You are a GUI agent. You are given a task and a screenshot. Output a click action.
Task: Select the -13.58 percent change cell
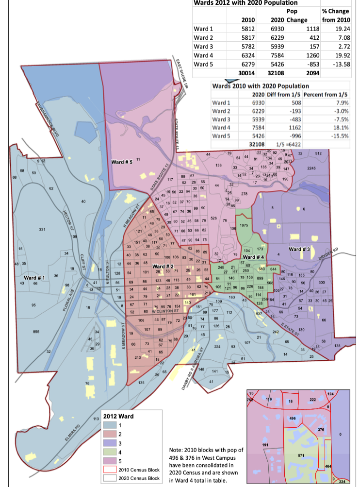point(340,64)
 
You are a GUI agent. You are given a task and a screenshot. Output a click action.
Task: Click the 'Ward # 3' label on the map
point(299,249)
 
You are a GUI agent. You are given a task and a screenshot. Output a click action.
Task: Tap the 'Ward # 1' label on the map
point(34,278)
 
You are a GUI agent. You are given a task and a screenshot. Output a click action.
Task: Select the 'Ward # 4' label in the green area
point(253,257)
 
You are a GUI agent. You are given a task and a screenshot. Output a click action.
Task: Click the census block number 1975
point(245,225)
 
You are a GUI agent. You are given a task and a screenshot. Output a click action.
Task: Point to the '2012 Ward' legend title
point(120,416)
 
